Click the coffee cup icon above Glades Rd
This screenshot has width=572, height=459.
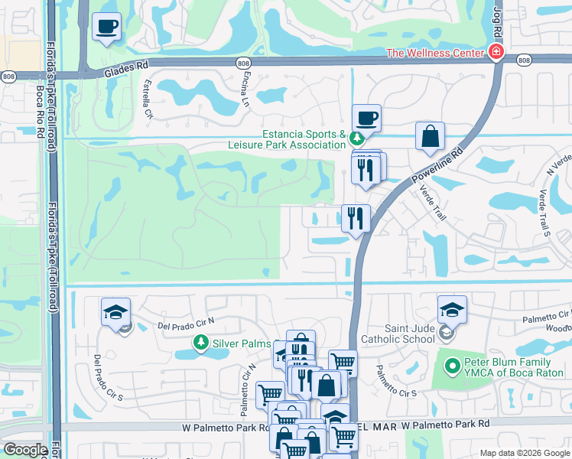106,27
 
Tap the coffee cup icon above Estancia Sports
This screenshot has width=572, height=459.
366,118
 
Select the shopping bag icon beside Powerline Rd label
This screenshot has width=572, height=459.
431,136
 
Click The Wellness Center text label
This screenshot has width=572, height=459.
434,53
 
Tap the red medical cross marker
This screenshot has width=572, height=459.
496,53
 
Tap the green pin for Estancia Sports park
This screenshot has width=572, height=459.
356,138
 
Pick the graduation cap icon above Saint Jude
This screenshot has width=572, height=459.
452,310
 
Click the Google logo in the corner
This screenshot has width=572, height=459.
25,450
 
